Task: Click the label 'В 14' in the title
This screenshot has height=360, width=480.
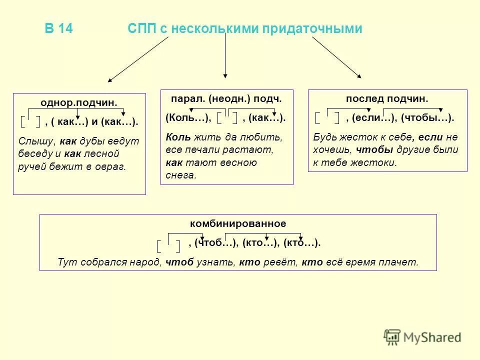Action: click(x=59, y=29)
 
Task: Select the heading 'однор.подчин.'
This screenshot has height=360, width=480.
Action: click(x=79, y=103)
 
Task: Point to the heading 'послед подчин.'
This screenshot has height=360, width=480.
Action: click(x=387, y=99)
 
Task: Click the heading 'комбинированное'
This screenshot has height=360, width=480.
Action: click(x=238, y=223)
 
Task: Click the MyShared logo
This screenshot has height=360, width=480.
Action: click(x=422, y=337)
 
